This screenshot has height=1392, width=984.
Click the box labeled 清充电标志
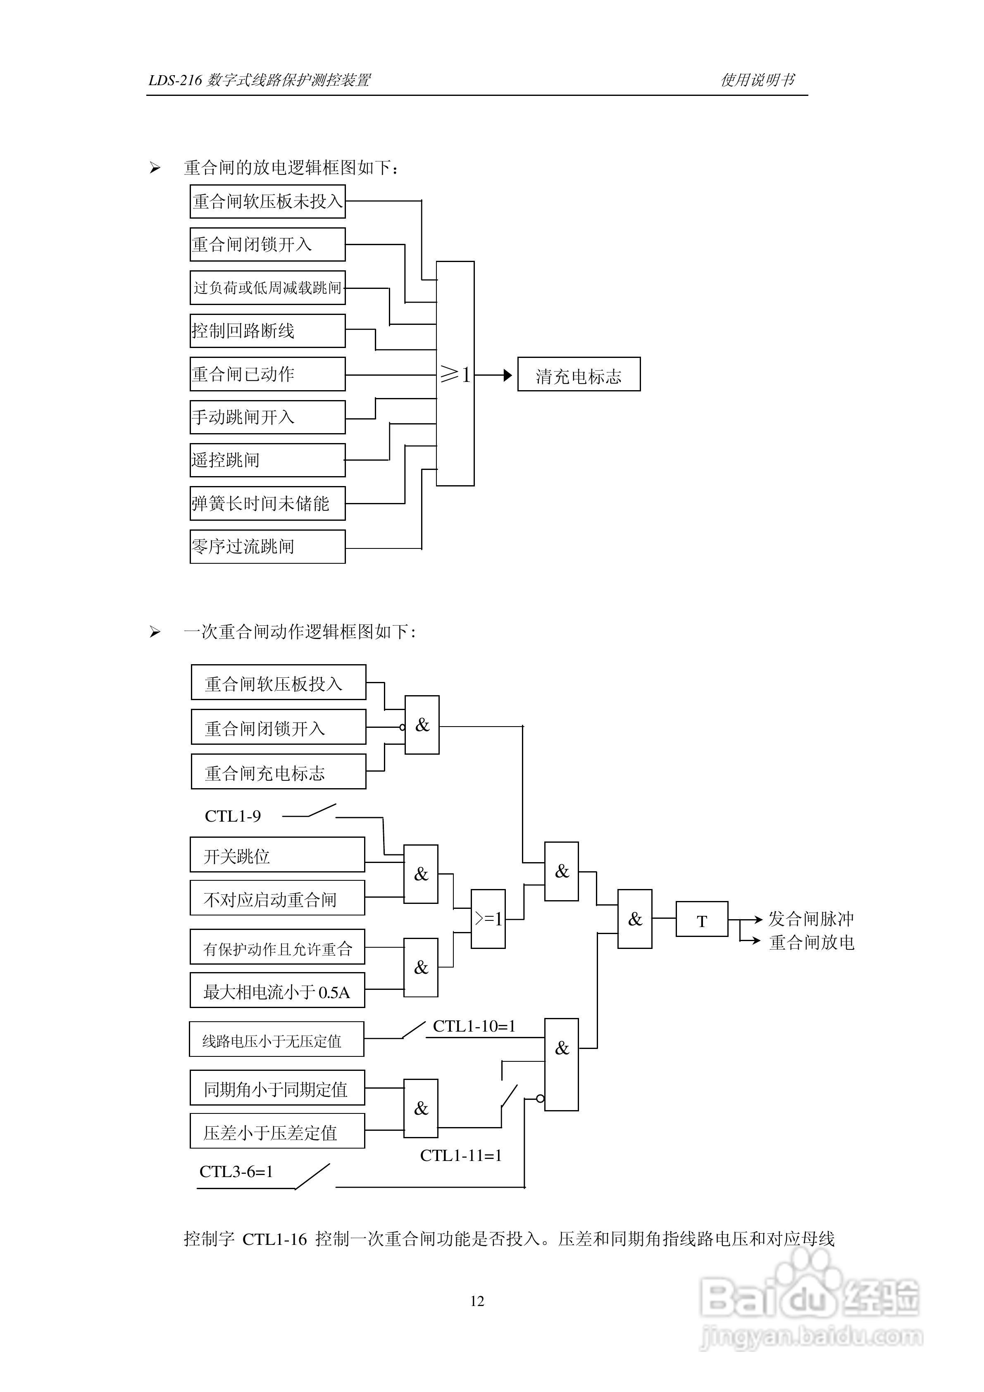pos(579,374)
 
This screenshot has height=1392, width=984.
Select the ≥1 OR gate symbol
pos(455,374)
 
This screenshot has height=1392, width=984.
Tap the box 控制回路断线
pos(267,330)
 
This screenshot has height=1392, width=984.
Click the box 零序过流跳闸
pos(267,546)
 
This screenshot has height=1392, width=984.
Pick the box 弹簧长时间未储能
pos(267,503)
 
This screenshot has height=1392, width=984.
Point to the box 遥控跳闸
pos(267,460)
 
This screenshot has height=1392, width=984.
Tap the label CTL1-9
pos(233,816)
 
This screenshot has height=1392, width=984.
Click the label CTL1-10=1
pos(474,1026)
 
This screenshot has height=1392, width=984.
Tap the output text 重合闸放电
pos(811,942)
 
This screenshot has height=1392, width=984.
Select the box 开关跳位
pos(277,855)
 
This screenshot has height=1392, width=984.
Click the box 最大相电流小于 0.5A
pos(277,990)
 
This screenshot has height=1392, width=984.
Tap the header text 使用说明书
pos(757,80)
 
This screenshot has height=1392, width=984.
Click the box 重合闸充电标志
pos(278,772)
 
